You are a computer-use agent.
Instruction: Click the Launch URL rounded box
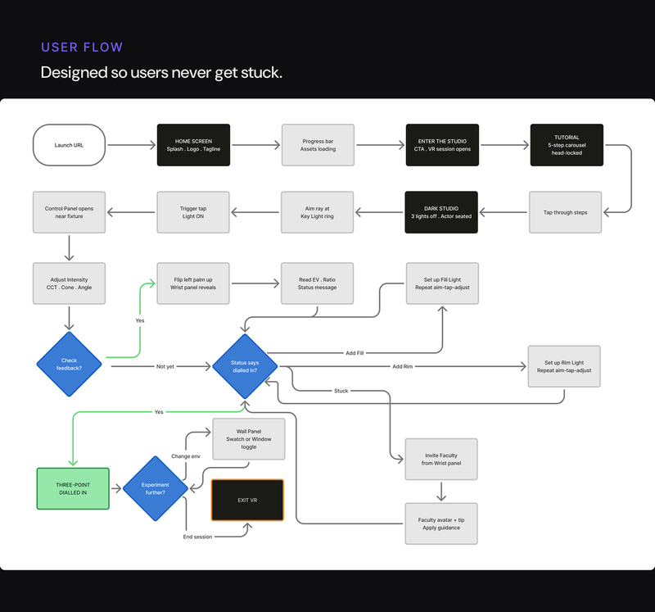click(69, 145)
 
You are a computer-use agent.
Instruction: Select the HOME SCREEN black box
click(193, 145)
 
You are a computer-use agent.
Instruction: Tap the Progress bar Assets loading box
click(318, 145)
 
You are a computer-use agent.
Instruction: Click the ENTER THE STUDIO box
click(442, 145)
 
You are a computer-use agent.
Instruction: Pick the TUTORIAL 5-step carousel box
click(567, 145)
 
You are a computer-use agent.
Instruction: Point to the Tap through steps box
click(565, 212)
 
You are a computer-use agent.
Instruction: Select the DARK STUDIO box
click(442, 212)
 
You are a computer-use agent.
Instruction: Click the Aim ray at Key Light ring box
click(318, 212)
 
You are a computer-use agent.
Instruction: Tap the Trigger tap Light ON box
click(193, 212)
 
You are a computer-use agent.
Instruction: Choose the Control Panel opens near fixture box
click(69, 212)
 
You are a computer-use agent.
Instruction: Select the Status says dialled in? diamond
click(245, 365)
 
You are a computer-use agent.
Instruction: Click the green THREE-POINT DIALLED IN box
click(72, 488)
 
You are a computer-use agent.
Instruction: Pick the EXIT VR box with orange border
click(247, 500)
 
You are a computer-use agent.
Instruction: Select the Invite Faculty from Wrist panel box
click(442, 459)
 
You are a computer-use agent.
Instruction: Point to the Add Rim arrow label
click(403, 366)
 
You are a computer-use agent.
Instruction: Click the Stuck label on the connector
click(341, 391)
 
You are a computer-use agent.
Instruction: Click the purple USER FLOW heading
click(82, 47)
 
